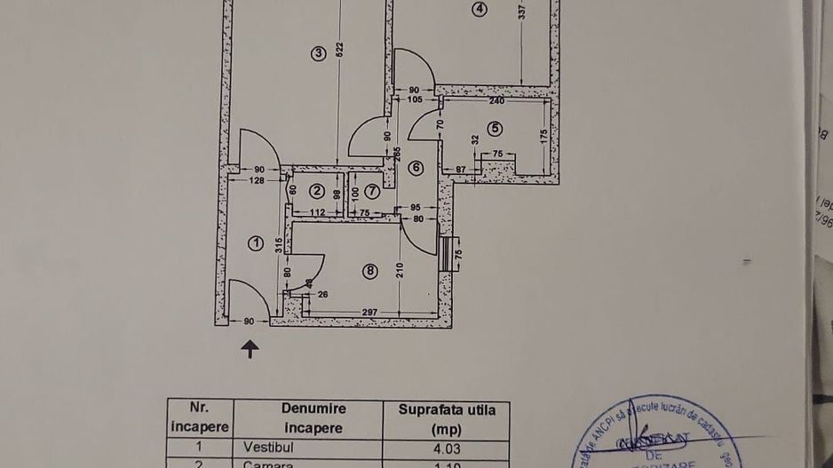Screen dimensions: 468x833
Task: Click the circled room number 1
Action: [x=257, y=243]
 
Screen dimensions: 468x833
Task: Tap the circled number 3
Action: [x=320, y=54]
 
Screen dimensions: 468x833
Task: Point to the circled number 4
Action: [x=480, y=10]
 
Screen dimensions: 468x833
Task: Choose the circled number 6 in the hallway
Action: [x=416, y=167]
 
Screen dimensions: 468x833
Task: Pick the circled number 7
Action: [x=372, y=190]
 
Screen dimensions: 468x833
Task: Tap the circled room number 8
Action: [x=370, y=272]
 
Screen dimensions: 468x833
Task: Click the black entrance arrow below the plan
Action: [x=251, y=350]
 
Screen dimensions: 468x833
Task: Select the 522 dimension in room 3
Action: [x=340, y=51]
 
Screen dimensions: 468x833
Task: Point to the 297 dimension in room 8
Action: [x=370, y=312]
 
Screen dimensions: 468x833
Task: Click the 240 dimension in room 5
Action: [x=496, y=100]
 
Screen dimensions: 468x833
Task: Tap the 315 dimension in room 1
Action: [x=278, y=244]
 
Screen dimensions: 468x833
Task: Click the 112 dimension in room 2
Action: [x=317, y=212]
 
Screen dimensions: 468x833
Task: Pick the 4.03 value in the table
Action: [x=448, y=449]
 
